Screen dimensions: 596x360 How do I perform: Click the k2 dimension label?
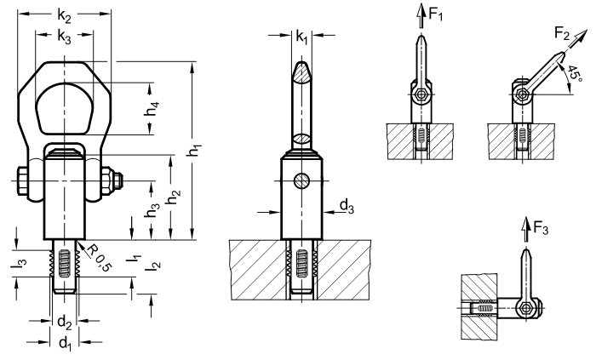(x=64, y=16)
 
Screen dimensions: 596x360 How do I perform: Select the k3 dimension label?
(x=64, y=37)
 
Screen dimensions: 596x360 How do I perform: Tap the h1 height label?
(x=196, y=149)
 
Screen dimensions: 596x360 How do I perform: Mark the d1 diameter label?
(x=66, y=342)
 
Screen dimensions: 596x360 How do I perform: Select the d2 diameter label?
(x=64, y=323)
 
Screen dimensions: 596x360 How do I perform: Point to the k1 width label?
(x=301, y=37)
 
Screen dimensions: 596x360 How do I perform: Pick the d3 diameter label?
(x=347, y=207)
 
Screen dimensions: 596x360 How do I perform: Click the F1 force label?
(x=436, y=14)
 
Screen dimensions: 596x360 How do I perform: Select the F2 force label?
(x=563, y=33)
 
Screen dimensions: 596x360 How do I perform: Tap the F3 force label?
(x=541, y=228)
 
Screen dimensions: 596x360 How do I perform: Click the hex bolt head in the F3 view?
(x=525, y=307)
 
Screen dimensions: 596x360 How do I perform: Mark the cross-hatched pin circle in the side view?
(x=301, y=180)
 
